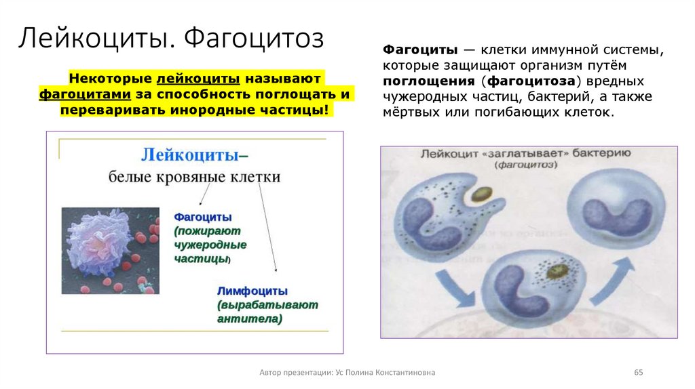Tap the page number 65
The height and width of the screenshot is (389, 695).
(x=638, y=373)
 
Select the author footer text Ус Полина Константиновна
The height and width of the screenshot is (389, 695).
(x=394, y=373)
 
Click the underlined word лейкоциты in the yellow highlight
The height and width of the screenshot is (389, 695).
(x=200, y=78)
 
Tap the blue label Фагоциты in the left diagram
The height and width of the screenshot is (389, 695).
(x=203, y=217)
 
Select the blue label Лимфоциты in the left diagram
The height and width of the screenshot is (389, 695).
(x=252, y=291)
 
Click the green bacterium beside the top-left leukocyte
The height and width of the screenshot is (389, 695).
(x=483, y=194)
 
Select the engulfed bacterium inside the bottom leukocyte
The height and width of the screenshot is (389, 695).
(x=559, y=272)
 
